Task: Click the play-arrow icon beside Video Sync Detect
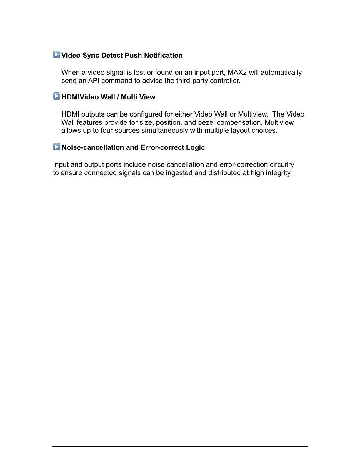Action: pyautogui.click(x=56, y=54)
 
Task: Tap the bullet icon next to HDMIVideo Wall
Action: pyautogui.click(x=56, y=96)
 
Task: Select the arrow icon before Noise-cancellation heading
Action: pyautogui.click(x=56, y=147)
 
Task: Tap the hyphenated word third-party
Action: pyautogui.click(x=192, y=81)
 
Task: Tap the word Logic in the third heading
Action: pyautogui.click(x=195, y=147)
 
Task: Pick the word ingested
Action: pyautogui.click(x=179, y=173)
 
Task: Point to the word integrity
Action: pyautogui.click(x=279, y=173)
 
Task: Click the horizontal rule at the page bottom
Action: pyautogui.click(x=180, y=446)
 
